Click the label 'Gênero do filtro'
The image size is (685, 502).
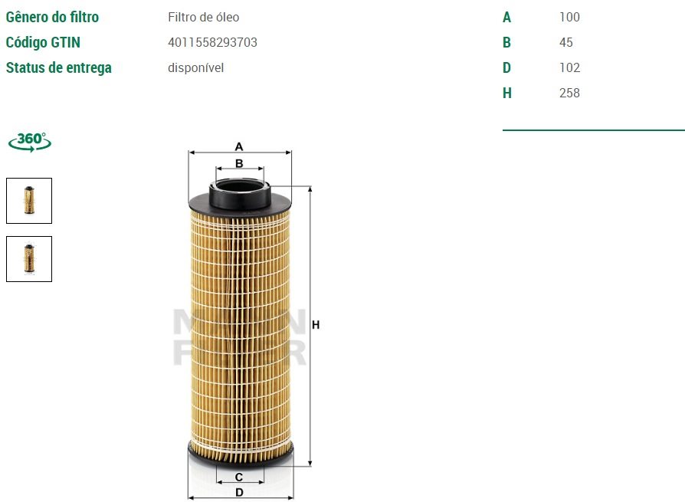pyautogui.click(x=52, y=17)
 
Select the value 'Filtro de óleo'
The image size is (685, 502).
pyautogui.click(x=204, y=17)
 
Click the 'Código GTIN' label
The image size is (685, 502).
pyautogui.click(x=43, y=42)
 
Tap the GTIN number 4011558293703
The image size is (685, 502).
pyautogui.click(x=213, y=42)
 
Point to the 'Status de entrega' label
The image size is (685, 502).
pyautogui.click(x=58, y=67)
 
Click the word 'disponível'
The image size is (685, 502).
pyautogui.click(x=195, y=67)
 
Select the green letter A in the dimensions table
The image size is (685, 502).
pyautogui.click(x=506, y=17)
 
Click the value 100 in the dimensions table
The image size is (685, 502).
pyautogui.click(x=569, y=17)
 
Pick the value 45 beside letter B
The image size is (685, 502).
pyautogui.click(x=566, y=42)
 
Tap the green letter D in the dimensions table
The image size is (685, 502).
pyautogui.click(x=506, y=67)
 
